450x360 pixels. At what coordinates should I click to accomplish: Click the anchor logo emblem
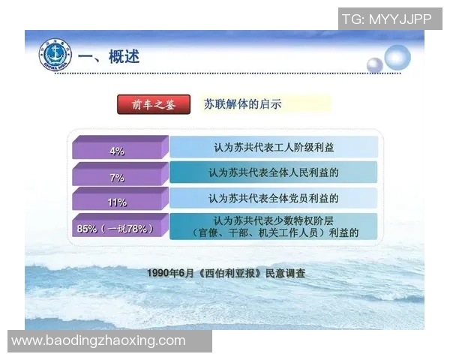click(x=54, y=55)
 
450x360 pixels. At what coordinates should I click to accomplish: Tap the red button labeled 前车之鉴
click(x=154, y=105)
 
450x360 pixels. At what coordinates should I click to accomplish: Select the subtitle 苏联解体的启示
click(x=243, y=105)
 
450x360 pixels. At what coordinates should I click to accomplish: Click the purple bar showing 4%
click(x=117, y=150)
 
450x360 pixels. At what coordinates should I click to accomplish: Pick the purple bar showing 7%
click(x=117, y=177)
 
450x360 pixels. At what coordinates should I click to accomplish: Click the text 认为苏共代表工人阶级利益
click(x=274, y=147)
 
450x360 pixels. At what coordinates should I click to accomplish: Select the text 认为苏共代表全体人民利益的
click(x=274, y=172)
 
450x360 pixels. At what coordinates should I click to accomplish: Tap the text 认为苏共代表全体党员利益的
click(x=274, y=199)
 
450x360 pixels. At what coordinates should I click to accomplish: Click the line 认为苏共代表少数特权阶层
click(x=274, y=220)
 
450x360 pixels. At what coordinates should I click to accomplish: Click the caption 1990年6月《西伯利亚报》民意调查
click(x=226, y=273)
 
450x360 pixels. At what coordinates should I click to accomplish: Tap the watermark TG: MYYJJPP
click(x=387, y=19)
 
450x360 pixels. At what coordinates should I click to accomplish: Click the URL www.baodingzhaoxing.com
click(x=98, y=340)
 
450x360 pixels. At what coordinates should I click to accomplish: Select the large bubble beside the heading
click(x=397, y=58)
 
